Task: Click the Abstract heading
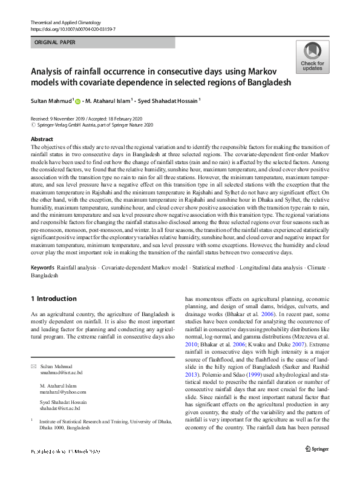pyautogui.click(x=42, y=139)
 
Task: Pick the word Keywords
pyautogui.click(x=42, y=267)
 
